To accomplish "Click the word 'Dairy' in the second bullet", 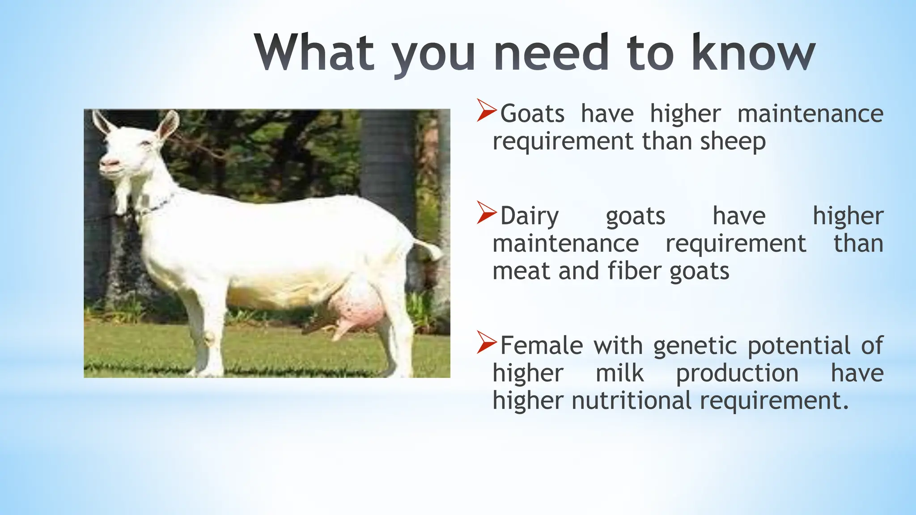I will [x=530, y=216].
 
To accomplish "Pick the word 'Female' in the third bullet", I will [x=541, y=346].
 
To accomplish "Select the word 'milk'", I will [x=619, y=373].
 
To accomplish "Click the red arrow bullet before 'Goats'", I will [x=486, y=111].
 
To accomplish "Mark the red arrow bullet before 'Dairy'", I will [x=486, y=213].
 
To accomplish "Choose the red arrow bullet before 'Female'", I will [x=486, y=343].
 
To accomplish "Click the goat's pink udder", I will [x=358, y=308].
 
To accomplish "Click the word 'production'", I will [x=737, y=373].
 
